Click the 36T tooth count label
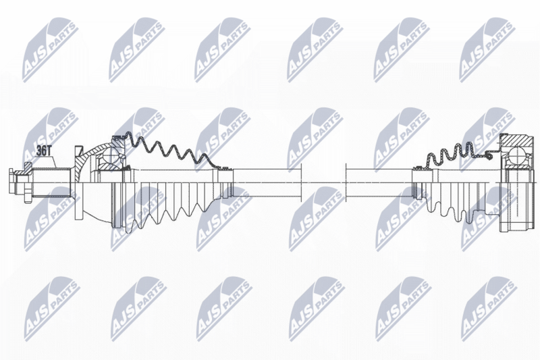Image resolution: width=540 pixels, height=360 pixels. tap(45, 151)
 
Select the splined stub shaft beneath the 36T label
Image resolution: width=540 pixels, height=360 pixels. tap(51, 181)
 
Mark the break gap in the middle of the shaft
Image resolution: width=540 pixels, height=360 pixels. tap(323, 182)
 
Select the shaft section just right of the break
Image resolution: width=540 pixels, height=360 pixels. tap(371, 182)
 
